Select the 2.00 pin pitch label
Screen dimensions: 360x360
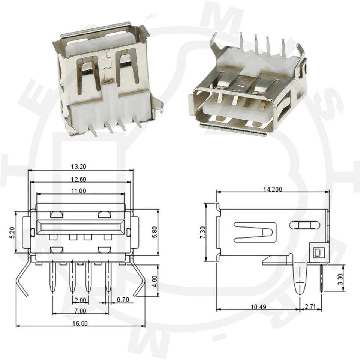click(80, 300)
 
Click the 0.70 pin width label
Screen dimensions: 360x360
click(123, 300)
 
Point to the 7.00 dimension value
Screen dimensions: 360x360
click(80, 311)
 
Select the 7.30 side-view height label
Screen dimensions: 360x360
click(202, 233)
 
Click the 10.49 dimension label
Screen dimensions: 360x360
click(259, 307)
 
